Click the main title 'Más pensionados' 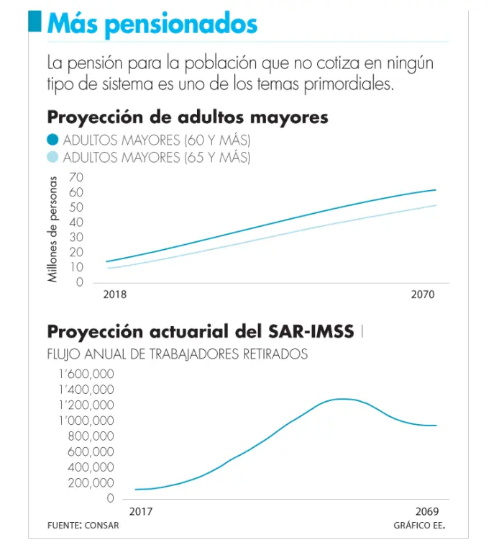pos(152,24)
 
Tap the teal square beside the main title pos(35,22)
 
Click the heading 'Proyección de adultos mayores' pos(188,117)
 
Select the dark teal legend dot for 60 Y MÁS pos(52,139)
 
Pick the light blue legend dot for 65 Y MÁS pos(52,157)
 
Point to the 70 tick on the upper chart pos(76,177)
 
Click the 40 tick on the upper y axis pos(76,222)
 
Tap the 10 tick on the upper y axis pos(76,267)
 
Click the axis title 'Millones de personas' pos(52,228)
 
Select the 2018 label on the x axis pos(115,295)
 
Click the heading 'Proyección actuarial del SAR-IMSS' pos(201,331)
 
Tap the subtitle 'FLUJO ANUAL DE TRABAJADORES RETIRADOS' pos(177,354)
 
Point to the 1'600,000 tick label pos(86,374)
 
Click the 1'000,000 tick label pos(86,421)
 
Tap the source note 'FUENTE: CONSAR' pos(83,526)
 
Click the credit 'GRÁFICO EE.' pos(419,526)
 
